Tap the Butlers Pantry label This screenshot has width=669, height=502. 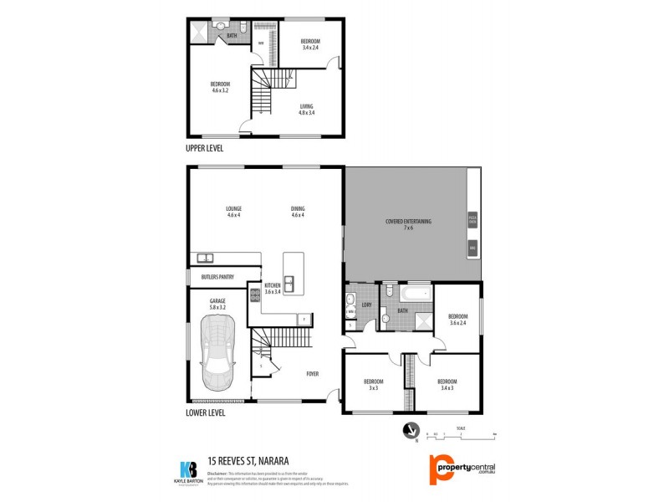click(217, 277)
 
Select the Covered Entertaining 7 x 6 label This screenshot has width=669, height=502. click(408, 224)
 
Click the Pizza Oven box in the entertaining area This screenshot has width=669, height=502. click(472, 220)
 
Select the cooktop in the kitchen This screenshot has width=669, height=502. click(255, 295)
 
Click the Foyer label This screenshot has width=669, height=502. click(312, 373)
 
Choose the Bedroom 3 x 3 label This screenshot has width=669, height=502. click(373, 384)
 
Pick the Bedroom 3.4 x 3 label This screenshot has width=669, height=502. click(447, 384)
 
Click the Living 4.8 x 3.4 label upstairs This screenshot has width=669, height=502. click(308, 109)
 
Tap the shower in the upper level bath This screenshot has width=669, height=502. click(201, 30)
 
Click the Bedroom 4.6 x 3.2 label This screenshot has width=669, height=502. click(220, 87)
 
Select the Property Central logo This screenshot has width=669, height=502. click(462, 468)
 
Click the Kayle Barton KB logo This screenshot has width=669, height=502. click(188, 469)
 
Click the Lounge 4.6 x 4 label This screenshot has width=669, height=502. click(233, 212)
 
